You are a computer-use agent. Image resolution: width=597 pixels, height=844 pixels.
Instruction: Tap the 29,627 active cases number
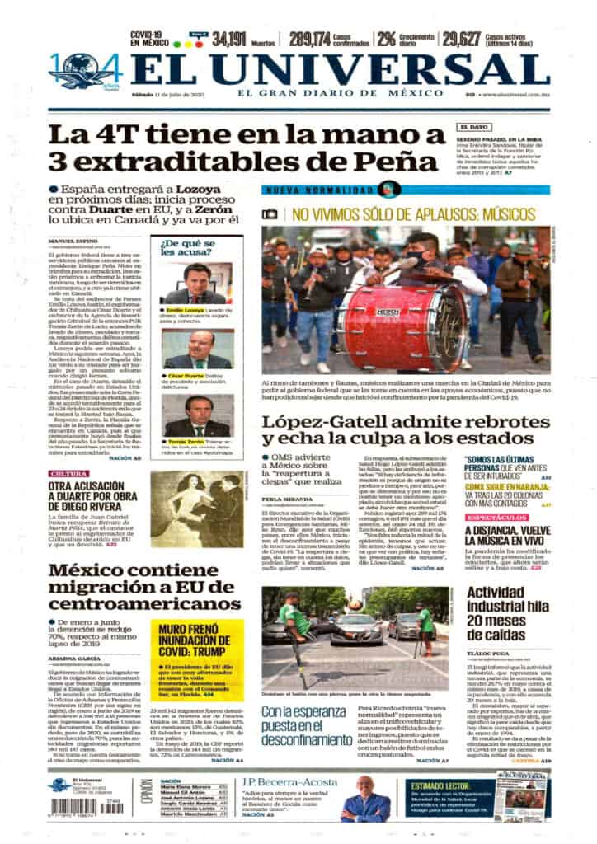pyautogui.click(x=461, y=38)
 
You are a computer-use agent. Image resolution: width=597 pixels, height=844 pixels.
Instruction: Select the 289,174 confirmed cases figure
pyautogui.click(x=310, y=38)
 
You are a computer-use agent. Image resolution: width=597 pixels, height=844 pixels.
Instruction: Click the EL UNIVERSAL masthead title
pyautogui.click(x=339, y=71)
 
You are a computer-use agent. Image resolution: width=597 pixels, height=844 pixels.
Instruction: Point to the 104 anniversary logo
pyautogui.click(x=86, y=71)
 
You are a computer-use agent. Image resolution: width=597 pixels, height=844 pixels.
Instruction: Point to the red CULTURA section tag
pyautogui.click(x=69, y=474)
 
